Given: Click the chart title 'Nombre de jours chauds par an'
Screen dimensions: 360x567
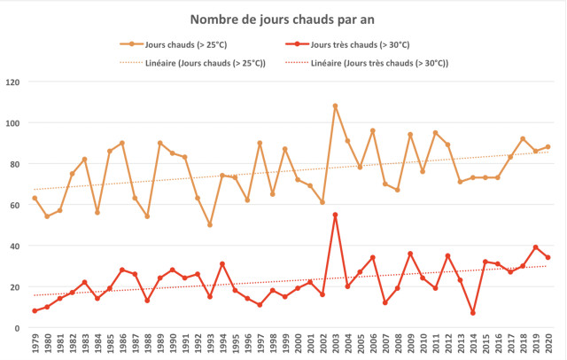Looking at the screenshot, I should click(x=283, y=19).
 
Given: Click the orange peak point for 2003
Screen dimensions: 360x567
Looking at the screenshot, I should click(x=335, y=106).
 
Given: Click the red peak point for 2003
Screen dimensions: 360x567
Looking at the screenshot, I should click(x=335, y=215).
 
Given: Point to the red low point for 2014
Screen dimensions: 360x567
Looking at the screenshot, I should click(x=473, y=313).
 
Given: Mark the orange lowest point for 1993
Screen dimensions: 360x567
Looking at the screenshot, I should click(x=210, y=225).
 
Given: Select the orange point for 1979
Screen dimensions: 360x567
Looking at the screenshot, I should click(x=35, y=199).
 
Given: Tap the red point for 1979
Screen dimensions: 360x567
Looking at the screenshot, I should click(x=35, y=311).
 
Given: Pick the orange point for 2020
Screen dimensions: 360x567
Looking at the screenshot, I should click(x=548, y=147).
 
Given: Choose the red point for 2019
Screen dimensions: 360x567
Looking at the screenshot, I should click(x=536, y=247).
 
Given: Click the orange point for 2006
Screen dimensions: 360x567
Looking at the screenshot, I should click(x=373, y=131).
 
